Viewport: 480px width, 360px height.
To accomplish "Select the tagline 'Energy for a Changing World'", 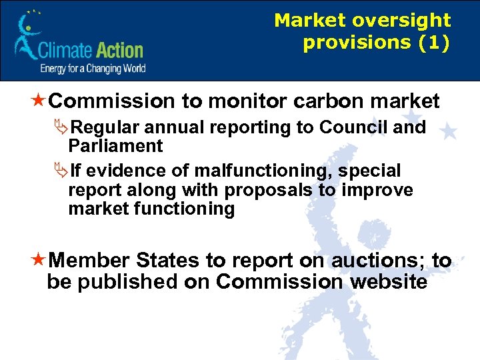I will [x=93, y=69].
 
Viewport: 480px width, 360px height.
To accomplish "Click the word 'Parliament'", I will [x=115, y=146].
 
